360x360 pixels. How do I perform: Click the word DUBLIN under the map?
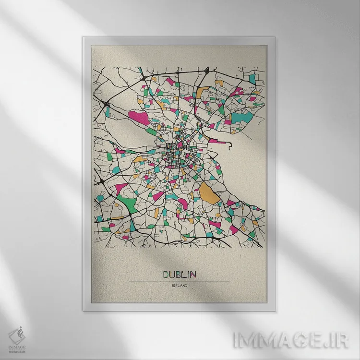pos(180,275)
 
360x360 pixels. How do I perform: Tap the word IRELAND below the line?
pos(180,286)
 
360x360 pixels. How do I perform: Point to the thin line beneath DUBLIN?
pos(180,281)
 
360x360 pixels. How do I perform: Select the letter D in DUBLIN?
pos(166,275)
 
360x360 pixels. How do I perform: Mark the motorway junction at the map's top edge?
pos(204,71)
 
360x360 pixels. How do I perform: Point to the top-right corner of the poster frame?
pos(277,36)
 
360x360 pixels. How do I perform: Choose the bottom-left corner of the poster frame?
pos(83,311)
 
